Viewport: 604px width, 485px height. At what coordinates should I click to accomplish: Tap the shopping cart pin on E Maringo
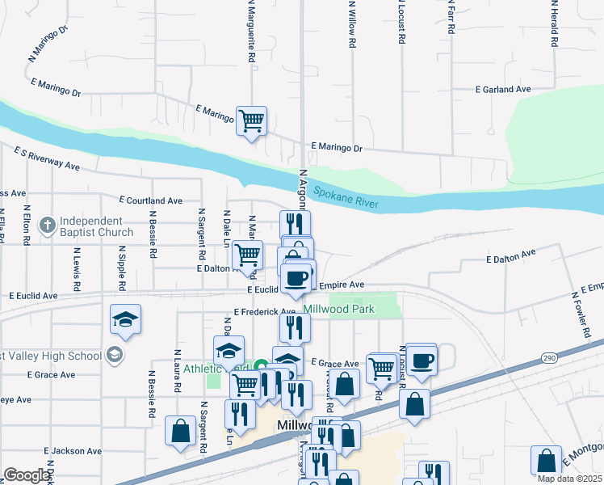coord(251,121)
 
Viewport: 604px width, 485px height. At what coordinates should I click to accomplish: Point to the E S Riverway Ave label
coord(47,158)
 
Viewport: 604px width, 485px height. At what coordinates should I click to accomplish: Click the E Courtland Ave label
coord(150,200)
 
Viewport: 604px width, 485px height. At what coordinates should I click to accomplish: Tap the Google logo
coord(26,475)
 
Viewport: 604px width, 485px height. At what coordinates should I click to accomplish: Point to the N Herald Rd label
coord(555,24)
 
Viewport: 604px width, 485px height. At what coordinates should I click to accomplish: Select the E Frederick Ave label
coord(265,311)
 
